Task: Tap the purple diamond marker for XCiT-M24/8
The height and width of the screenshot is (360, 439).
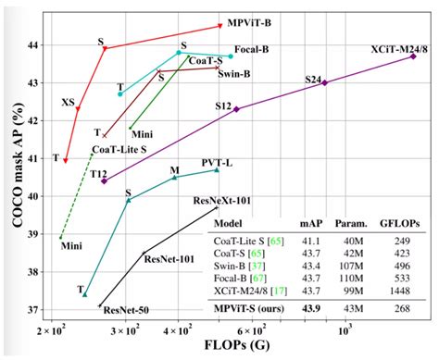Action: [413, 56]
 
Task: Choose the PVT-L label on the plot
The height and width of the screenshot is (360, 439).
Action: [217, 162]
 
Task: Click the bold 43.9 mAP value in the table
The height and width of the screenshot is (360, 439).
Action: [310, 308]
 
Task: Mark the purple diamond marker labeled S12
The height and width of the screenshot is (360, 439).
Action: [237, 109]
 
